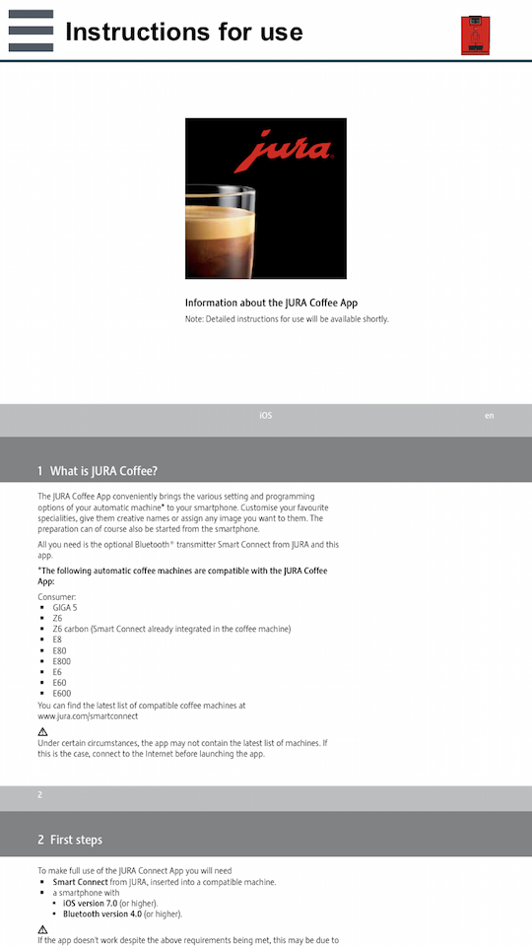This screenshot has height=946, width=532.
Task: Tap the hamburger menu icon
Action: click(31, 31)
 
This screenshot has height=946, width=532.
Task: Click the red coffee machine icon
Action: click(475, 35)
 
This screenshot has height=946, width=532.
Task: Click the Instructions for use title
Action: click(183, 32)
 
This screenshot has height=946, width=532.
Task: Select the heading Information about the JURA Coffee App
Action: click(278, 303)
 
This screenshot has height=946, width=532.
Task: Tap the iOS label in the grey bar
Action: click(265, 416)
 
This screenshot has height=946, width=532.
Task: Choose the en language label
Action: click(489, 416)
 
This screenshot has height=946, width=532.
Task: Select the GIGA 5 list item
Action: click(65, 607)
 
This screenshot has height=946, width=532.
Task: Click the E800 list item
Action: click(62, 661)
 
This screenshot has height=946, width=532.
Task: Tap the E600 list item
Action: click(62, 694)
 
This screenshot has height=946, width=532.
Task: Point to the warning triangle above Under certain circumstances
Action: click(42, 732)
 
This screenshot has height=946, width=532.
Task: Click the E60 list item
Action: click(59, 683)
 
